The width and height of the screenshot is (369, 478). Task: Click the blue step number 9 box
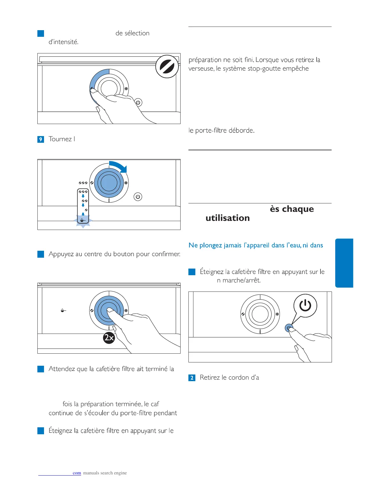coord(41,139)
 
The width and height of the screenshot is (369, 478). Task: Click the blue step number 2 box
coord(192,378)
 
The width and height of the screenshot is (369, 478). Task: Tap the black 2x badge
coord(109,337)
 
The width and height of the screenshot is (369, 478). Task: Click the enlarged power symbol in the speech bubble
coord(305,305)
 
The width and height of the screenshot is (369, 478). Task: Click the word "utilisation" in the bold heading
coord(228,218)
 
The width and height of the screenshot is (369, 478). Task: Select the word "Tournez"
coord(60,139)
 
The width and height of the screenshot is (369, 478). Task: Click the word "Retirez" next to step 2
coord(210,378)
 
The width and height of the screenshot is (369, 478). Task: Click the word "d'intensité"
coord(64,42)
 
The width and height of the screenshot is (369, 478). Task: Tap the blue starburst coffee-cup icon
coord(83,221)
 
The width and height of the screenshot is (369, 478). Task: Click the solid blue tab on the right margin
coord(344,263)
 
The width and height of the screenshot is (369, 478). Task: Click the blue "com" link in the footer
coord(77,473)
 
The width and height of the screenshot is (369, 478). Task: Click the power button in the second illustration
coord(138,197)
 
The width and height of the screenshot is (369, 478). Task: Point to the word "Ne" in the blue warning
coord(193,245)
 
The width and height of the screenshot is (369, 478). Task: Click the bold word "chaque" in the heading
coord(298,209)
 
